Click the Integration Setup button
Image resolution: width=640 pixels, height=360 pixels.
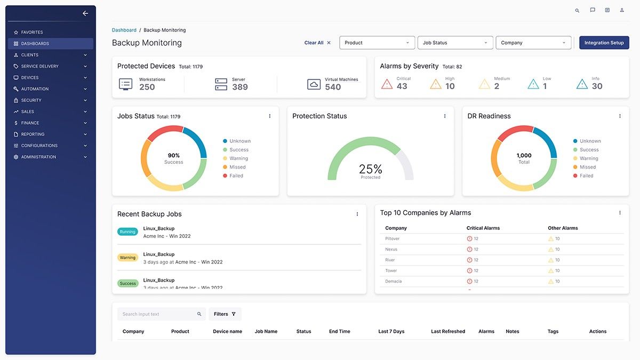tap(604, 43)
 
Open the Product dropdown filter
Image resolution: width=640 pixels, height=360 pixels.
tap(377, 43)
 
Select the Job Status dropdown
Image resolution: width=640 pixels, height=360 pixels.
tap(455, 43)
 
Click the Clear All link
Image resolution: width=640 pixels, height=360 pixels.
tap(314, 43)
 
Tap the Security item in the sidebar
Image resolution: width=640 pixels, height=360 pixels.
tap(31, 100)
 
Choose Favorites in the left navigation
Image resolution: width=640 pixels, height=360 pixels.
tap(32, 33)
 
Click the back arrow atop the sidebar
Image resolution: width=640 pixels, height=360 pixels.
tap(85, 13)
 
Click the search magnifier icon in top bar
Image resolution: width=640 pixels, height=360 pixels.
tap(577, 10)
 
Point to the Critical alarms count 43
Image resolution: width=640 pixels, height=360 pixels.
tap(402, 86)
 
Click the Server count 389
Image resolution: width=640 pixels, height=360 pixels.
tap(239, 87)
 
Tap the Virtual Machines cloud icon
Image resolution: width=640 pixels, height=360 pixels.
tap(314, 84)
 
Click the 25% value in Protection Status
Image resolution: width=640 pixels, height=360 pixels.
tap(370, 169)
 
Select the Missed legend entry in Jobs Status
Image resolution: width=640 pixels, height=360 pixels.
tap(237, 167)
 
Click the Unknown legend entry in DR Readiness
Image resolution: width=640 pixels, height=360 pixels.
tap(590, 141)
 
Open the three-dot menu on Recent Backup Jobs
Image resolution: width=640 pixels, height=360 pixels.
tap(357, 214)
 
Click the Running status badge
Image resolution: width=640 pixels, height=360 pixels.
tap(127, 232)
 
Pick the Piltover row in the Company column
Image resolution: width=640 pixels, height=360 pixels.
tap(393, 239)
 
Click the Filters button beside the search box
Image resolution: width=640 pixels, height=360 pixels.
tap(225, 314)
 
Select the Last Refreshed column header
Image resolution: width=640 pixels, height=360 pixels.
tap(448, 332)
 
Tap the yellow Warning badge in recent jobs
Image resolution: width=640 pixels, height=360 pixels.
tap(127, 258)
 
